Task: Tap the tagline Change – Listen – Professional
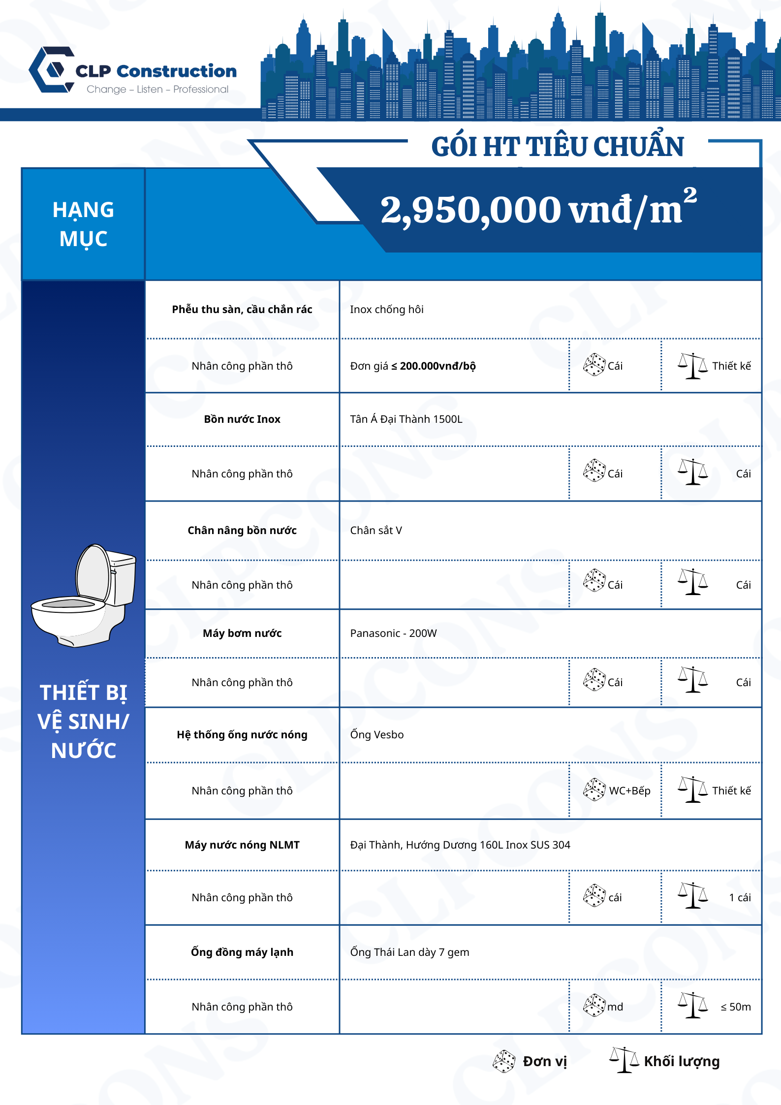157,90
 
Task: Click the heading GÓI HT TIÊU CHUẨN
557,147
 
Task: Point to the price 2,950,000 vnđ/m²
538,210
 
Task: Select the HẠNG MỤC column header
83,224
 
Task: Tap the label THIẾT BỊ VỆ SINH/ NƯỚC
83,721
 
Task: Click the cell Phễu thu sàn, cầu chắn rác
242,310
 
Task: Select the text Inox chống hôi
387,310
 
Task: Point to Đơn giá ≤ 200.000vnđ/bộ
413,366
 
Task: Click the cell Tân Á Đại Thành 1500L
406,419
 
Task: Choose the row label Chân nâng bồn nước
242,531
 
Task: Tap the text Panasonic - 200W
393,633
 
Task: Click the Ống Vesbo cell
377,735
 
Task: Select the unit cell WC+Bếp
629,791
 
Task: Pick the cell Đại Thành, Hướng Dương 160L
460,845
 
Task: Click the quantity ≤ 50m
736,1007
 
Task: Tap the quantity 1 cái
740,898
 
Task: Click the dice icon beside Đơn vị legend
504,1061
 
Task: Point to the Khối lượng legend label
682,1062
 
